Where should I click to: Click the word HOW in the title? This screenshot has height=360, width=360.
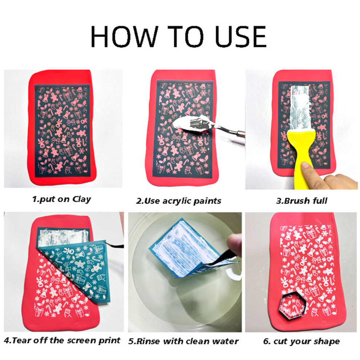pos(124,36)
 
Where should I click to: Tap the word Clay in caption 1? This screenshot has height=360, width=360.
pos(82,199)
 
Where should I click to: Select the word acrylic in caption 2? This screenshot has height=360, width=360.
pos(177,201)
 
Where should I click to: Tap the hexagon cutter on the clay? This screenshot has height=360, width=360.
pos(291,306)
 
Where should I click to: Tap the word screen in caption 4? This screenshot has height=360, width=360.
pos(84,340)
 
